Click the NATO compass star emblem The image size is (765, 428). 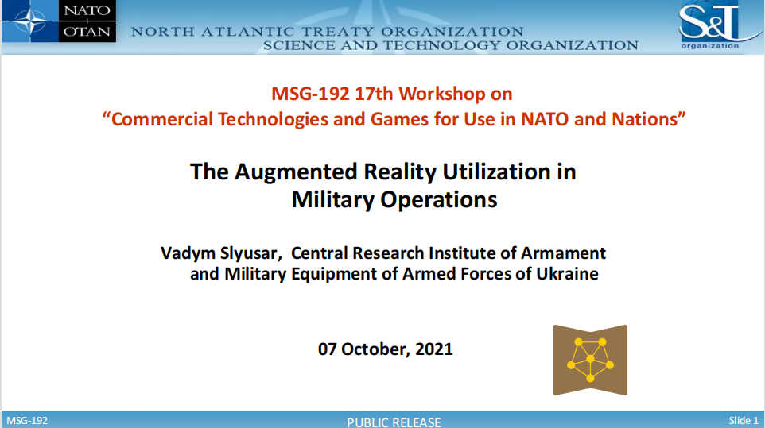[x=30, y=21]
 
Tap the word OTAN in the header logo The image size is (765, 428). [x=87, y=32]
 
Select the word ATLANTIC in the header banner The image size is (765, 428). [x=250, y=32]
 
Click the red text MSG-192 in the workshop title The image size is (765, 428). [x=310, y=94]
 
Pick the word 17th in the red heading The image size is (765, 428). [x=374, y=94]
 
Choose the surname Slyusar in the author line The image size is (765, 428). [x=250, y=253]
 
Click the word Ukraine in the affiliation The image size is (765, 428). [x=567, y=274]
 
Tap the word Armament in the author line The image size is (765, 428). [x=563, y=253]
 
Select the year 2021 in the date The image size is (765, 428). [x=433, y=349]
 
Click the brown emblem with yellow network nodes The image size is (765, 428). [x=590, y=360]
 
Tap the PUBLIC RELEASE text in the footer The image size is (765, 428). [x=394, y=422]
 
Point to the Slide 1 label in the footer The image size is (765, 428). [x=744, y=420]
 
